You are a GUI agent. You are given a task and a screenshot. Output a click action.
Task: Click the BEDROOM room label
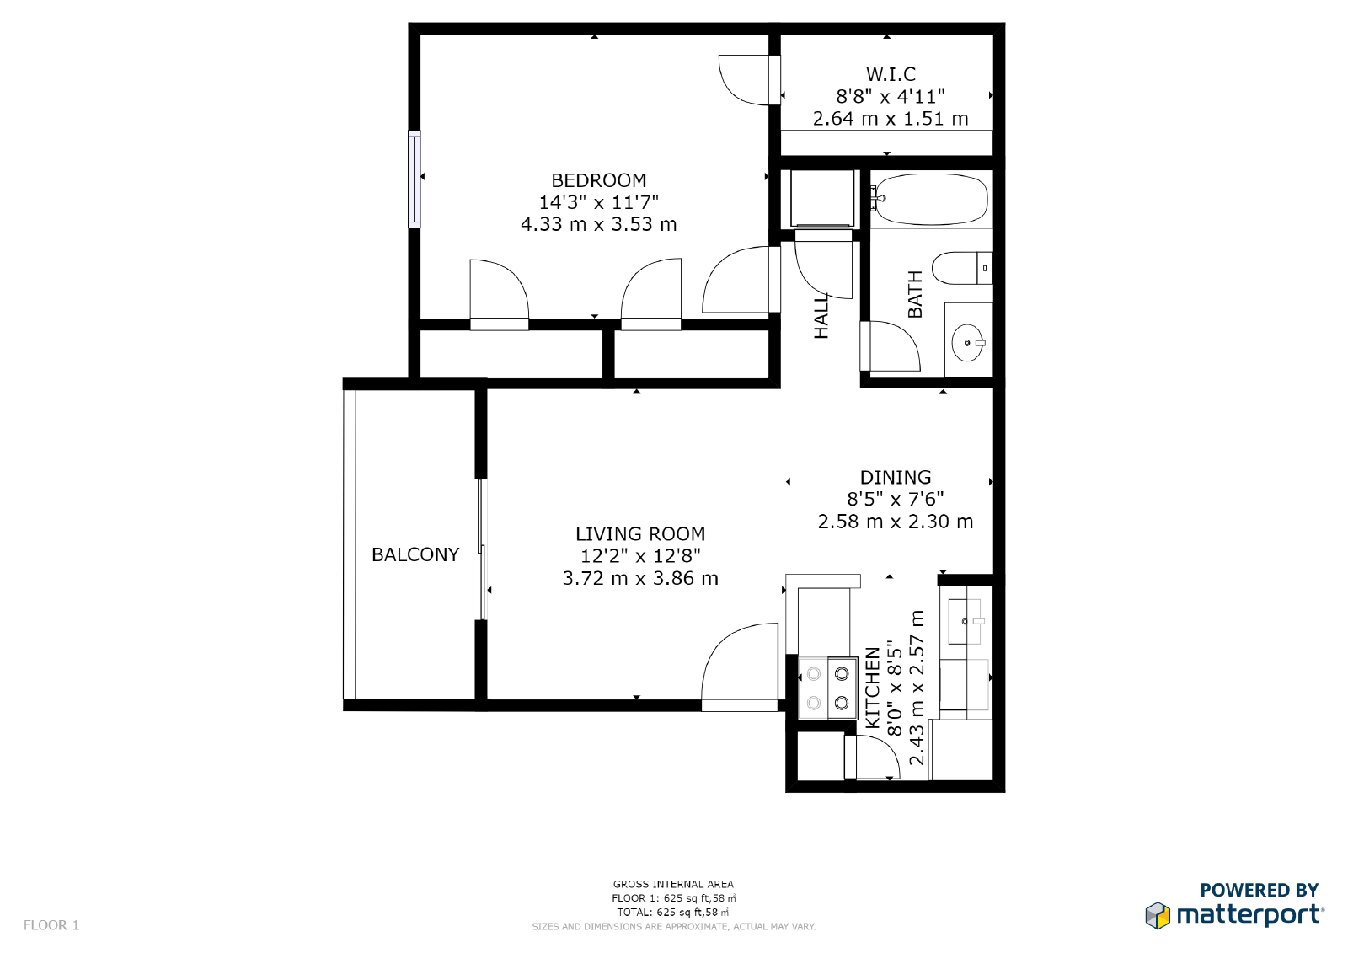click(x=598, y=180)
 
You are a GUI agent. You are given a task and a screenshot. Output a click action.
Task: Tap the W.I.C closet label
click(x=891, y=74)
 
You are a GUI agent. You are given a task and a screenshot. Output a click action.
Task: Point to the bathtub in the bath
click(x=929, y=200)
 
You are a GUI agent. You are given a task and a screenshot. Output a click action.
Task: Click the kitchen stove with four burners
click(x=827, y=688)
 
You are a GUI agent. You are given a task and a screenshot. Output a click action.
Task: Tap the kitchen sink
click(x=966, y=622)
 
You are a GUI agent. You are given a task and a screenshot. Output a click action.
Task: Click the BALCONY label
click(x=415, y=554)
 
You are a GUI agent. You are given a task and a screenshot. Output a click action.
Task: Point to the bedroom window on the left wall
click(x=414, y=179)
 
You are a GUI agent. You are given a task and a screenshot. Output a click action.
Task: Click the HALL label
click(x=821, y=316)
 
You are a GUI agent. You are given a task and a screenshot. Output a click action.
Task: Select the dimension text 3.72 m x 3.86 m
click(x=640, y=578)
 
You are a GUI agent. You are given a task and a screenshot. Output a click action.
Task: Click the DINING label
click(x=896, y=477)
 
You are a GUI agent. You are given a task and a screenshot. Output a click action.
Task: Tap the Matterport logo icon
click(x=1158, y=915)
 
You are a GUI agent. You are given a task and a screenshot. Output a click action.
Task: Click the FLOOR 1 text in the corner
click(x=51, y=925)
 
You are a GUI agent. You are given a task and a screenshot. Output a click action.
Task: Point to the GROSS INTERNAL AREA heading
click(x=673, y=884)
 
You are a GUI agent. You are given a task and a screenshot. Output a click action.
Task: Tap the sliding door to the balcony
click(x=482, y=549)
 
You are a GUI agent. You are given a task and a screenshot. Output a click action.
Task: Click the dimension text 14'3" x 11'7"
click(x=598, y=202)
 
